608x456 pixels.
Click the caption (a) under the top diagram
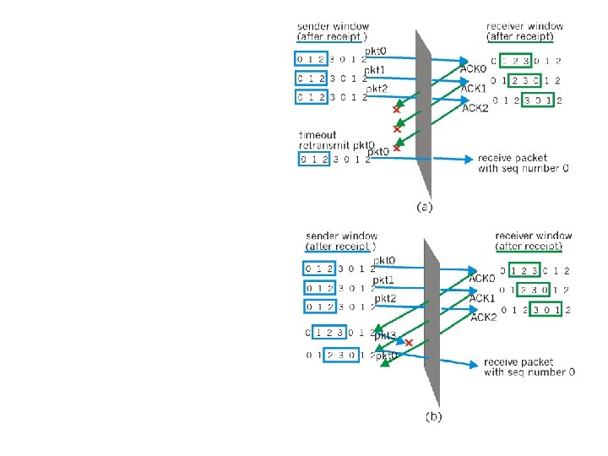click(x=425, y=205)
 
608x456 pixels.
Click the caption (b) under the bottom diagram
click(x=432, y=415)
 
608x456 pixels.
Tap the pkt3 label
click(x=386, y=336)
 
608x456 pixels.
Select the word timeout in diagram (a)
click(x=318, y=134)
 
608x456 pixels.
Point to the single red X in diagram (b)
click(x=410, y=344)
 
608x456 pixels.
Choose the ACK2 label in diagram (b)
click(x=484, y=317)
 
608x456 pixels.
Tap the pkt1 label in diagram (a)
click(x=375, y=69)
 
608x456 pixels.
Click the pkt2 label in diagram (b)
click(x=385, y=298)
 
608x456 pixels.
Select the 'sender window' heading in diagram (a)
click(x=333, y=26)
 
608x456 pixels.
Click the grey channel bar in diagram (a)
click(x=422, y=110)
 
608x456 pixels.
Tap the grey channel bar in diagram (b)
click(x=432, y=321)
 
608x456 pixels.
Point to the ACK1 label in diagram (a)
click(x=474, y=88)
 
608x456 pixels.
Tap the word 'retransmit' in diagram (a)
click(x=326, y=145)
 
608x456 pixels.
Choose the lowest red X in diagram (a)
click(x=396, y=148)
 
